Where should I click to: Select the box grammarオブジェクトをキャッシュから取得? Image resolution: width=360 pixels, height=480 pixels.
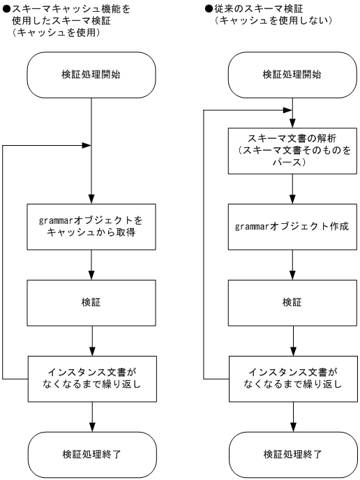pos(92,226)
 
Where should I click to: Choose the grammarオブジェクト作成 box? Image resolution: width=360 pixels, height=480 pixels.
pos(292,226)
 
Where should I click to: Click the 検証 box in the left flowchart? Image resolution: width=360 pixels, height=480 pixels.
pos(92,302)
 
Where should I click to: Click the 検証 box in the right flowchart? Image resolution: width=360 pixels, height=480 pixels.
pos(292,302)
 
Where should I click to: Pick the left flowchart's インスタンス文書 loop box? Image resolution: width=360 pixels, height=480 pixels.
pos(92,378)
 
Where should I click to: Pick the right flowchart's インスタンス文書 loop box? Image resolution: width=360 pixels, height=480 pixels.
pos(292,378)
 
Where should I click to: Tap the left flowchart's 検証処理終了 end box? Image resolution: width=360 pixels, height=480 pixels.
pos(92,453)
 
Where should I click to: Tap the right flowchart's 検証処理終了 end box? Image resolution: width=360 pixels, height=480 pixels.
pos(292,453)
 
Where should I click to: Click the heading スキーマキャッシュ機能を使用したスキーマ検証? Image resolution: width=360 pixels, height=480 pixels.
pos(70,15)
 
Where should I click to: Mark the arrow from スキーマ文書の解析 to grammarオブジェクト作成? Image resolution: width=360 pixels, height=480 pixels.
pos(292,188)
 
